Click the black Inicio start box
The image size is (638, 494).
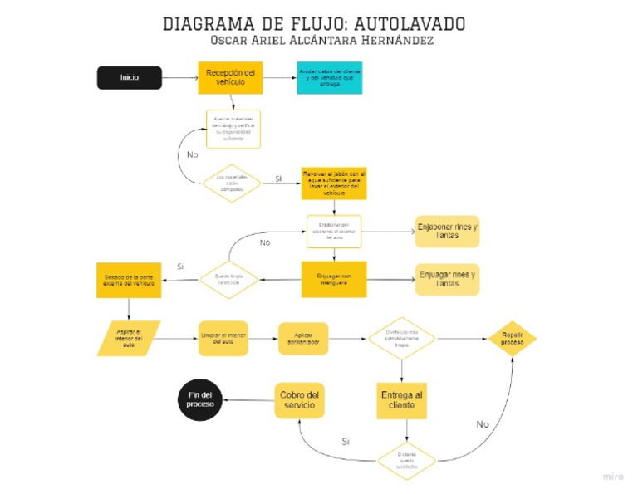[x=129, y=77]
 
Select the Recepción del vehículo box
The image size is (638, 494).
[x=230, y=77]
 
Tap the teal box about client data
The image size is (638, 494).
[x=329, y=77]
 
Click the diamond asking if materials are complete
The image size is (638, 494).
[x=232, y=183]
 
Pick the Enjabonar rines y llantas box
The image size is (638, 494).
[x=447, y=232]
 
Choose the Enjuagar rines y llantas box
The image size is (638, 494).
[x=447, y=279]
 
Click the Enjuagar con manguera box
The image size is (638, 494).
[x=333, y=279]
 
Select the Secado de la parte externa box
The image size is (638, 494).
[x=129, y=279]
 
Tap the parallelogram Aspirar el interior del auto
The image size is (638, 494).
[x=129, y=338]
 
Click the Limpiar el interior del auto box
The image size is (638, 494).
[x=223, y=338]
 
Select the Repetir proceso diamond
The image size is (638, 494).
[x=511, y=338]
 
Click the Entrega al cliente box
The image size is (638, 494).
[x=401, y=399]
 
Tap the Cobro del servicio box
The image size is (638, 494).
[x=299, y=399]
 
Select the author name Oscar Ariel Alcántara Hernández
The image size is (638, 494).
[x=323, y=41]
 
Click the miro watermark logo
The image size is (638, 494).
[x=613, y=477]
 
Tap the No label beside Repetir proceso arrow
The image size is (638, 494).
[x=483, y=423]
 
